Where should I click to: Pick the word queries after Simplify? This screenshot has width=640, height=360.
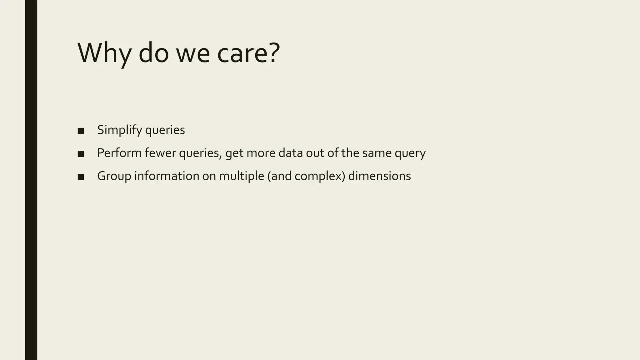tap(165, 131)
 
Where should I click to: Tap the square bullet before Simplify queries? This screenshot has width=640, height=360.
tap(81, 131)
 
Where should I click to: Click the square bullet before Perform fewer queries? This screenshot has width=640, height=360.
tap(81, 154)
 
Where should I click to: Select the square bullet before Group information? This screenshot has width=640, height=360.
tap(81, 177)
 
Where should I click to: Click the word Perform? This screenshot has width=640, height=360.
tap(119, 153)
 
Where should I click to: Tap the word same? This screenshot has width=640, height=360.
tap(377, 153)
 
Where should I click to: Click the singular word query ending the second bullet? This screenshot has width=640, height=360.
tap(410, 154)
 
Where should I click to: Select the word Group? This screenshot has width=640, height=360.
tap(114, 176)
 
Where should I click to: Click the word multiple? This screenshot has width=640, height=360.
tap(242, 176)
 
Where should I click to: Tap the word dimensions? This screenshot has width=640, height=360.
tap(379, 176)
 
